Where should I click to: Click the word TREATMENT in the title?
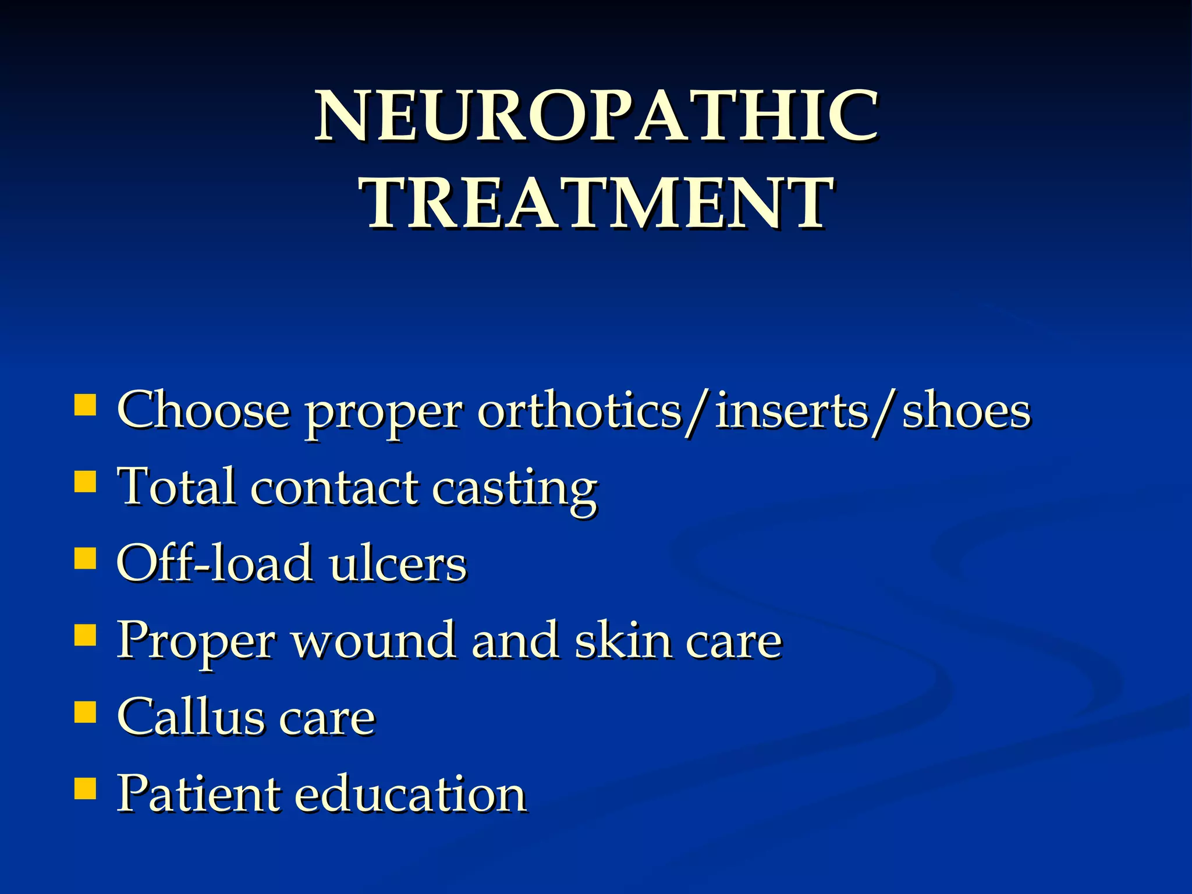pos(596,204)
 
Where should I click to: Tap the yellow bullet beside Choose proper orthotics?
pos(86,405)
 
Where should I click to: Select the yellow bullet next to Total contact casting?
pos(86,482)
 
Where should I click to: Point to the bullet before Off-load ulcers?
pos(86,558)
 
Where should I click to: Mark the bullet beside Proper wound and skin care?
pos(86,635)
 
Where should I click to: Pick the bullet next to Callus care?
pos(86,711)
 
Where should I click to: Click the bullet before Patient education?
pos(86,789)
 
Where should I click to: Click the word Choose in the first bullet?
pos(203,411)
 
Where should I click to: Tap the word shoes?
pos(966,411)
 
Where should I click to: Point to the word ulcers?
pos(398,564)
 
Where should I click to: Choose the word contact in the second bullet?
pos(335,488)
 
